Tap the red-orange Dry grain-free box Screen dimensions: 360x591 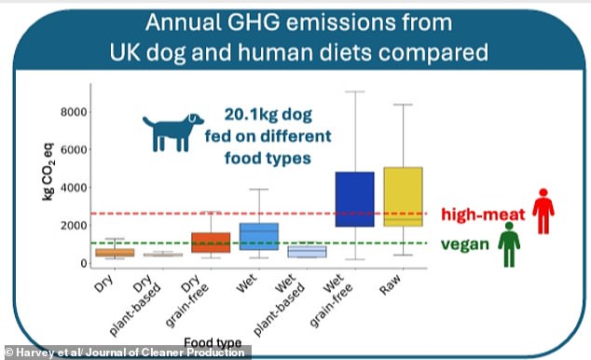[x=211, y=242]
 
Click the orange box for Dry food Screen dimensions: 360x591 [x=116, y=252]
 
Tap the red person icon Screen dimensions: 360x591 [x=543, y=212]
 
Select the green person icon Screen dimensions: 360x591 [x=508, y=246]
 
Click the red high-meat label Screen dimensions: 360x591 [x=486, y=214]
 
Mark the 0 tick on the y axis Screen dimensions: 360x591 [x=81, y=264]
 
